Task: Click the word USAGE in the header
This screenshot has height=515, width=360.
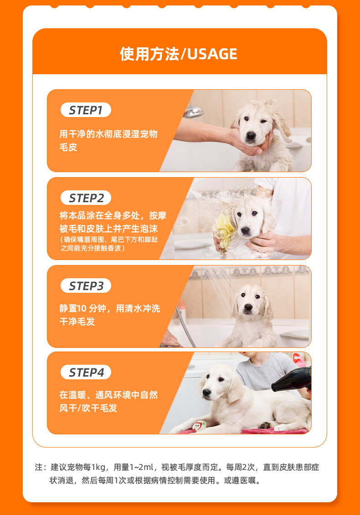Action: tap(212, 54)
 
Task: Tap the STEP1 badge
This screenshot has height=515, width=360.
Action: tap(86, 110)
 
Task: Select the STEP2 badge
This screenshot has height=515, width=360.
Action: tap(86, 198)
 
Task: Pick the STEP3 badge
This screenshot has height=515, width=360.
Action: tap(86, 286)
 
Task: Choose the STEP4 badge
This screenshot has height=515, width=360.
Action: tap(86, 372)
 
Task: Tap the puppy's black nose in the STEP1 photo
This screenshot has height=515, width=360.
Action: tap(251, 135)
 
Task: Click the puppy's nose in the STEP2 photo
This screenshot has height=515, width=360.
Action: tap(245, 230)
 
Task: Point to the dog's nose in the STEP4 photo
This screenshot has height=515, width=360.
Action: tap(207, 393)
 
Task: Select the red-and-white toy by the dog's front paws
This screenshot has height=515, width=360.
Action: tap(199, 426)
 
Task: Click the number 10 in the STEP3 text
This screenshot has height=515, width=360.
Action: tap(82, 308)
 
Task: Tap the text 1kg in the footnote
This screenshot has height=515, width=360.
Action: tap(98, 467)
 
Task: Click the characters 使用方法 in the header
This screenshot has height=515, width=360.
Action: tap(149, 54)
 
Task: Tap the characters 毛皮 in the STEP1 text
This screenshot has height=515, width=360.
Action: tap(68, 147)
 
